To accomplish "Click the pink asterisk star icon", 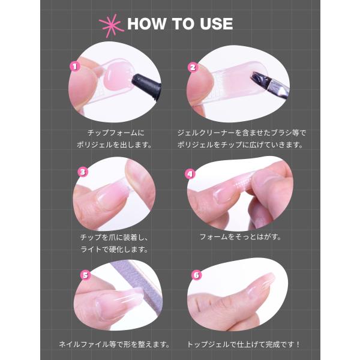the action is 110,25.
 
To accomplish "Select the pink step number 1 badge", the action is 74,67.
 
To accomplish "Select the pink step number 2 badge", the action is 193,67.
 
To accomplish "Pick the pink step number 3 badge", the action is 83,172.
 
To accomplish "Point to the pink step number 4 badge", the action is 190,174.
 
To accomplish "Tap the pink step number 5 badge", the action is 85,275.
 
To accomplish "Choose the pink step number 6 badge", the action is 197,275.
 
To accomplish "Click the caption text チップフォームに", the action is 116,133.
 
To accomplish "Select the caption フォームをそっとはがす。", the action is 241,237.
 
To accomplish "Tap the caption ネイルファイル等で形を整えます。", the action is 115,344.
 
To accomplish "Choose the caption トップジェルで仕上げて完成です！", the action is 244,344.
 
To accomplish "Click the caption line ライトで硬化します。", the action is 115,249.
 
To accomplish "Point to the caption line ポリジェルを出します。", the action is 115,145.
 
